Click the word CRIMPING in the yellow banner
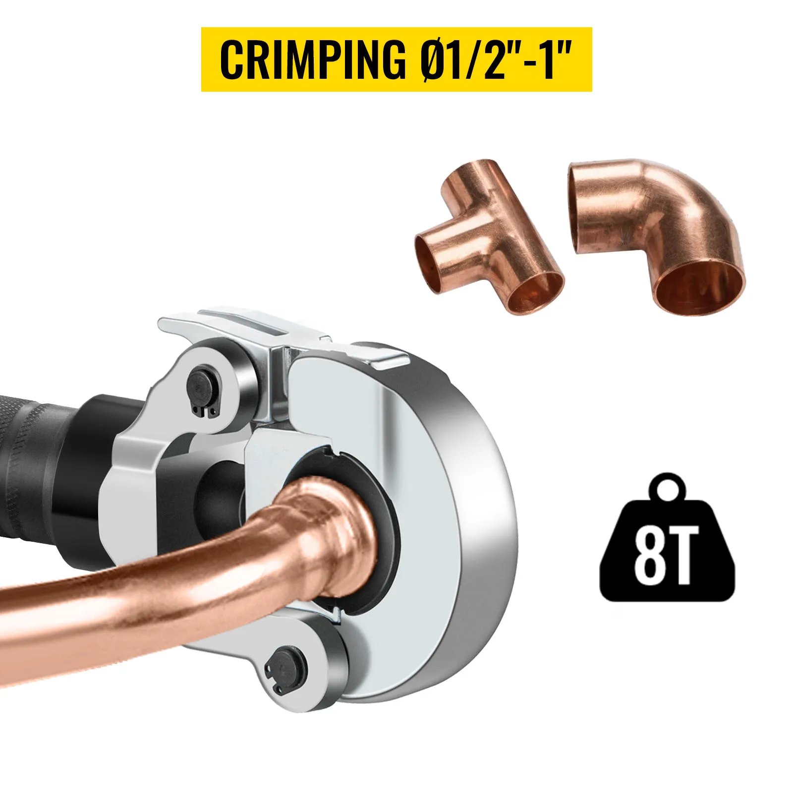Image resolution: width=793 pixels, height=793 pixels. (312, 59)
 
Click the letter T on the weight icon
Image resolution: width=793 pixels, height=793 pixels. (680, 556)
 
